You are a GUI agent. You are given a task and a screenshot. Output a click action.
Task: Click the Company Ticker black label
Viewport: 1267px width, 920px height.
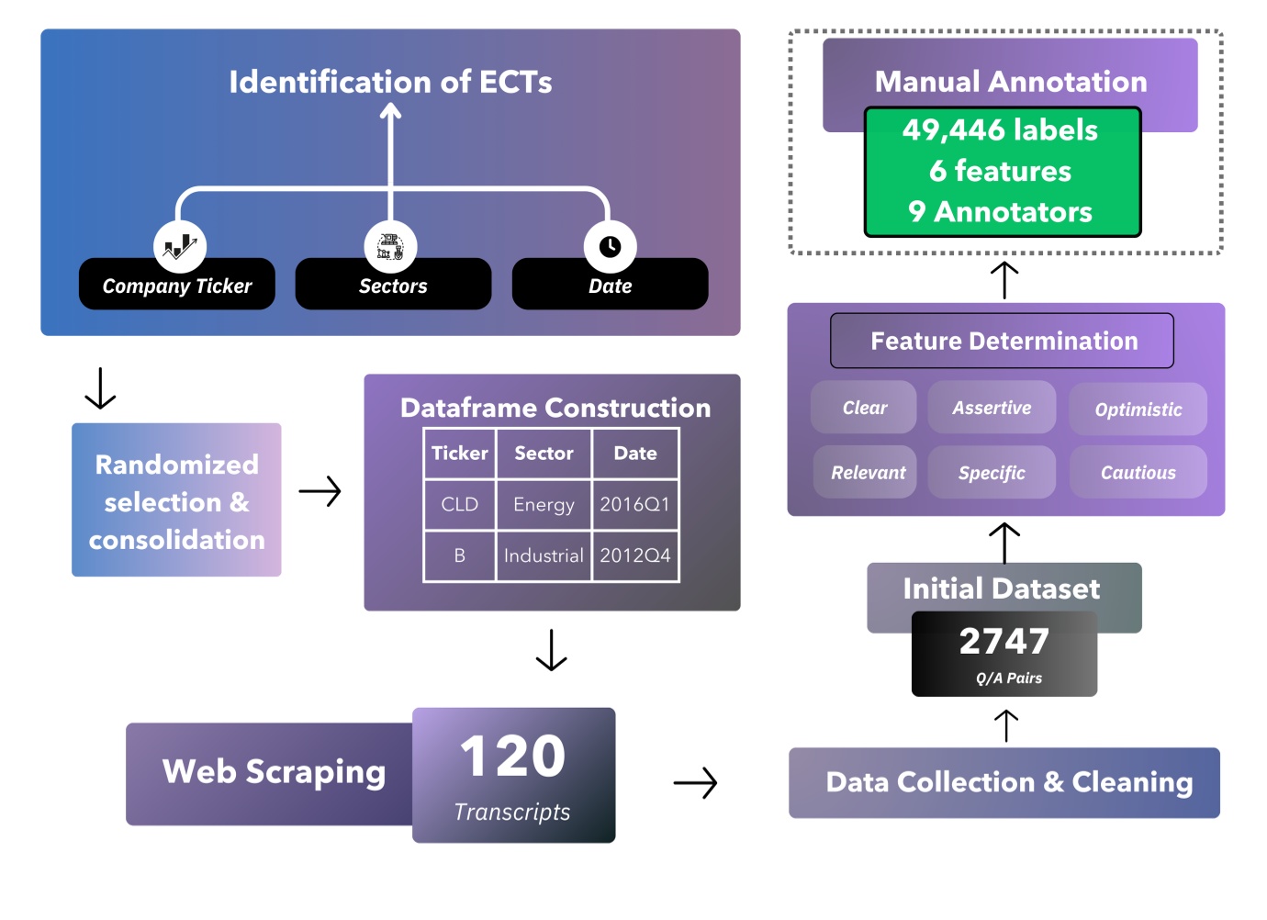(176, 286)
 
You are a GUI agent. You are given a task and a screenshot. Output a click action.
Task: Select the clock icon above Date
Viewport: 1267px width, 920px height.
(610, 246)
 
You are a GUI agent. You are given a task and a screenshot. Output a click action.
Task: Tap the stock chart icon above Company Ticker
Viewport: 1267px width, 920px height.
(180, 246)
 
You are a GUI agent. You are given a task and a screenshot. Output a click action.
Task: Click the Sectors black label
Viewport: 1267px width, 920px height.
(393, 286)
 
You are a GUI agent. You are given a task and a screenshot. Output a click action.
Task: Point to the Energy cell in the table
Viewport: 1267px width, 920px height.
(544, 504)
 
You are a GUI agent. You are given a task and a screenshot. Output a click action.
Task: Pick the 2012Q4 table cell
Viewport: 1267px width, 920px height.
(635, 555)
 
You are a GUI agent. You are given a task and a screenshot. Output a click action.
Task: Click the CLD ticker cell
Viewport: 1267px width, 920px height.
(459, 504)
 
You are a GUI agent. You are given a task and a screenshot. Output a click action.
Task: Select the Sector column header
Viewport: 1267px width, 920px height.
(544, 453)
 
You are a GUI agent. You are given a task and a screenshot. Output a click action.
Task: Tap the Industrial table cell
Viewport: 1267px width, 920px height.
(544, 555)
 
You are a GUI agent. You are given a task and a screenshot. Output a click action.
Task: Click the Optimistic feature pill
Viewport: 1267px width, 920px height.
(1138, 410)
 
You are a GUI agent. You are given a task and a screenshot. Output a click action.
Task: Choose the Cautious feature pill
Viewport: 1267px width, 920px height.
(1138, 473)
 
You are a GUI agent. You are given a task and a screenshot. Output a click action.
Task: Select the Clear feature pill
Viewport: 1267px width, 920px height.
(864, 408)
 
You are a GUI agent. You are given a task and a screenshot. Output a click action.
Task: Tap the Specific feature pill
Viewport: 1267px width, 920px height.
(992, 473)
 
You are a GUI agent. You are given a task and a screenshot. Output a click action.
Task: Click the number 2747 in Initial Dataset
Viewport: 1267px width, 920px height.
(1004, 641)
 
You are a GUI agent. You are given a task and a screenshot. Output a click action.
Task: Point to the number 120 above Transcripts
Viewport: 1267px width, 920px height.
(512, 757)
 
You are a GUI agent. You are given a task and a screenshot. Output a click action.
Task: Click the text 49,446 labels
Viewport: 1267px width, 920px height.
(1000, 130)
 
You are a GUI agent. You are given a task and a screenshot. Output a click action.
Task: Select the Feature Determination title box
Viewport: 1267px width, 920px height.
(1003, 341)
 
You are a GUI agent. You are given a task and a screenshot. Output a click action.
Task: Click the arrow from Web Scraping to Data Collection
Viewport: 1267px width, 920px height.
(695, 783)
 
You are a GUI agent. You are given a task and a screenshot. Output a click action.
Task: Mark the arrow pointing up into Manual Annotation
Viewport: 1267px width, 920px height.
(1004, 280)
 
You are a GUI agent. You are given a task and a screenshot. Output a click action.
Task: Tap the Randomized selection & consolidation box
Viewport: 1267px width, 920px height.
(176, 500)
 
